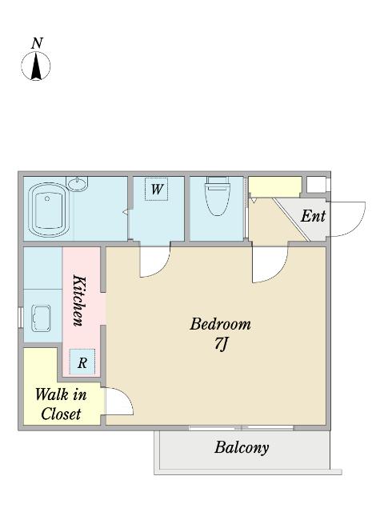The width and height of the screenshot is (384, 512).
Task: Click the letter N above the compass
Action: coord(38,43)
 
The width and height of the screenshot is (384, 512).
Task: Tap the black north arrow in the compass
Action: coord(36,67)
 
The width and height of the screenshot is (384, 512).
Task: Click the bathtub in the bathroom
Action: coord(49,210)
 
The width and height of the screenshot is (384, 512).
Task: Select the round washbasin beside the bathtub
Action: coord(77,183)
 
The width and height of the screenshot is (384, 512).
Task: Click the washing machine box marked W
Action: coord(157,189)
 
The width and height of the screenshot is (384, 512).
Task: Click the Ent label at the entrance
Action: coord(313,216)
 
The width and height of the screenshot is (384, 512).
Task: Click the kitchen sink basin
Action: coord(41,318)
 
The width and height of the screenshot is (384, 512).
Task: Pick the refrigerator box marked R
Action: coord(82,362)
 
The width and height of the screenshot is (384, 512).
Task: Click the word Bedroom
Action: coord(221,324)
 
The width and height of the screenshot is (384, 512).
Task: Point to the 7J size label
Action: coord(221,343)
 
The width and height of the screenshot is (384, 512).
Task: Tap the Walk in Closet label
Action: coord(61,404)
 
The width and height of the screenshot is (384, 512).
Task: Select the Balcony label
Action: coord(242,448)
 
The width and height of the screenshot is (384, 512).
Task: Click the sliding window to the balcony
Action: coord(242,428)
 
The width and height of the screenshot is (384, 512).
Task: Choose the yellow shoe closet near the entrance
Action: coord(275,186)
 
